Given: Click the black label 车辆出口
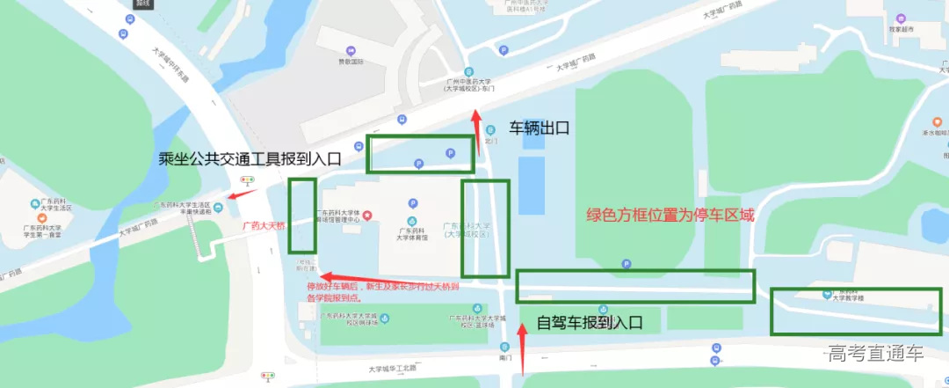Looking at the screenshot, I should [x=540, y=128].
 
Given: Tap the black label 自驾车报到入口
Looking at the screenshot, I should [x=590, y=323].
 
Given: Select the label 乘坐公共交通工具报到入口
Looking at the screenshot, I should [x=249, y=159].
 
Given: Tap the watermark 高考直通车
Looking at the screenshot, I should [x=875, y=355].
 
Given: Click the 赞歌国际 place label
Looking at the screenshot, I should [x=349, y=62].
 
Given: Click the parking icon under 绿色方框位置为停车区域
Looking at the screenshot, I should [x=627, y=264].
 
